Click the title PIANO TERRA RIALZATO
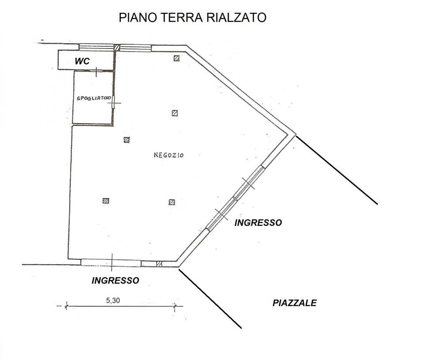pyautogui.click(x=192, y=18)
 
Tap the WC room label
pyautogui.click(x=82, y=61)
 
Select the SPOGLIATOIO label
pyautogui.click(x=93, y=98)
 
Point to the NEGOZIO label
pyautogui.click(x=169, y=155)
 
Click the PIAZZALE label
pyautogui.click(x=294, y=303)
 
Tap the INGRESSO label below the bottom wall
pyautogui.click(x=115, y=280)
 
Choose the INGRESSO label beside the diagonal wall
pyautogui.click(x=258, y=222)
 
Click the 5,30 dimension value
pyautogui.click(x=113, y=300)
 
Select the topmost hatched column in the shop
pyautogui.click(x=177, y=58)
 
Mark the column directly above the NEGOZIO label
pyautogui.click(x=174, y=113)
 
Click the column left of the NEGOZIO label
pyautogui.click(x=127, y=140)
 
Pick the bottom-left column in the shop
pyautogui.click(x=106, y=201)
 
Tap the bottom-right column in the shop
pyautogui.click(x=172, y=202)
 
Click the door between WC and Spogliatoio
pyautogui.click(x=96, y=70)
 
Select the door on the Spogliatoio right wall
pyautogui.click(x=114, y=102)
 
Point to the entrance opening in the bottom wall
pyautogui.click(x=111, y=263)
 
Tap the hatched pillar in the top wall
pyautogui.click(x=117, y=48)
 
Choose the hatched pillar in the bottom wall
pyautogui.click(x=159, y=264)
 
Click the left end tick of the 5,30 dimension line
pyautogui.click(x=66, y=305)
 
